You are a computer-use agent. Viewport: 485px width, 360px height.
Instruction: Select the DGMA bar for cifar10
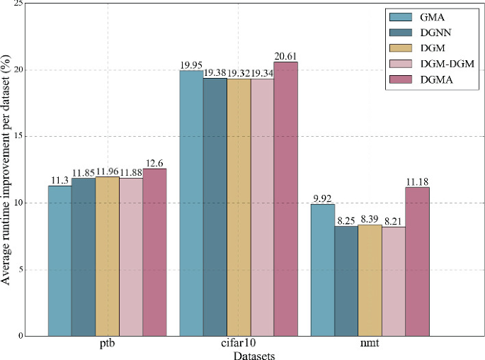point(286,198)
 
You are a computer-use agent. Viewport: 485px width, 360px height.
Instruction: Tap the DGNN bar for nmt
point(346,281)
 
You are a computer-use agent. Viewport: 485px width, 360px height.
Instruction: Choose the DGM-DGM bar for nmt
point(394,281)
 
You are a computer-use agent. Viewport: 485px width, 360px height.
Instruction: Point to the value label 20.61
point(286,56)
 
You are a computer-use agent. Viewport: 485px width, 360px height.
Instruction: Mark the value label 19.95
point(191,65)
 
